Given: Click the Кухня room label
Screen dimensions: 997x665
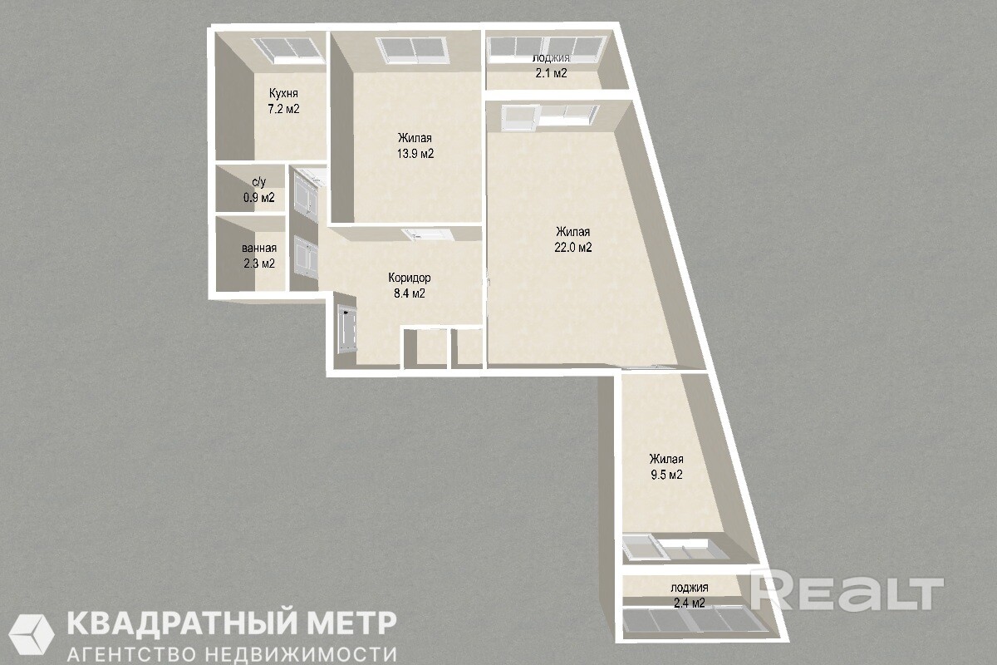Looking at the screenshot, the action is [283, 94].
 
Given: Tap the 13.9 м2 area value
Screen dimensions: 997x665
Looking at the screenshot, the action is [415, 154].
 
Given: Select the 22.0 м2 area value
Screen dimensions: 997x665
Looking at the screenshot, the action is [572, 247].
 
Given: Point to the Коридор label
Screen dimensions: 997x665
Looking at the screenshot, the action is [410, 278].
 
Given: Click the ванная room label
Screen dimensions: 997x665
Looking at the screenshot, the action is [259, 248].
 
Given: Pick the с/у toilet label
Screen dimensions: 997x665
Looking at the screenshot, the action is [259, 182].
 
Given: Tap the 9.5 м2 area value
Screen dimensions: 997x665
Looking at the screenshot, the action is [666, 475].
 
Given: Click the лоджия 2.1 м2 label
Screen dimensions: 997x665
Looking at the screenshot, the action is [551, 66].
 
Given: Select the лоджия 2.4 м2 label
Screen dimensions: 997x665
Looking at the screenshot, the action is [690, 595].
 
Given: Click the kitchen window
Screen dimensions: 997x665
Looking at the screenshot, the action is [287, 49].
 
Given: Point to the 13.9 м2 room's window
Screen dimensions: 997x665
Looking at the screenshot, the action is [412, 49].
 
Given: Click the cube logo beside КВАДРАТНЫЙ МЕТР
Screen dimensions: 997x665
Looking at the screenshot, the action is [32, 634].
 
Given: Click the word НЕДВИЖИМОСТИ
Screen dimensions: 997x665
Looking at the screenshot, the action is [301, 655].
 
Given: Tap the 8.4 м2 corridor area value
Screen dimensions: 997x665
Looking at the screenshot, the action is [410, 293].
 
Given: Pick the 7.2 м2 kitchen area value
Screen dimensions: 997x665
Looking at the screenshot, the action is [283, 109].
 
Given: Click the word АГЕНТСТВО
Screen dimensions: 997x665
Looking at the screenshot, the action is [132, 655].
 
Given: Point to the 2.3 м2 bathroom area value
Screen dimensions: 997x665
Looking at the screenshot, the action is [259, 264].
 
